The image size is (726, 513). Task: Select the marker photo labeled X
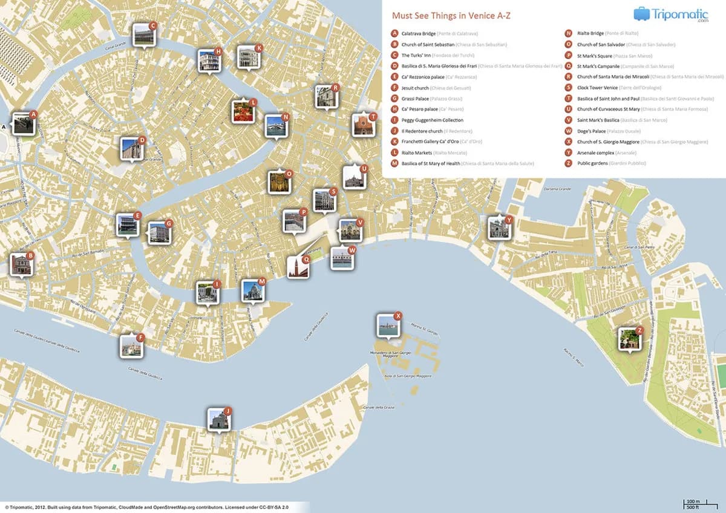coord(387,325)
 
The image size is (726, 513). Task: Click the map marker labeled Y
coord(499,229)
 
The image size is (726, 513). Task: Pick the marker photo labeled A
coord(23,123)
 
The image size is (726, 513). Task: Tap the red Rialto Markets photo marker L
coord(243,112)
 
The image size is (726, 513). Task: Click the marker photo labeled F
coord(131,346)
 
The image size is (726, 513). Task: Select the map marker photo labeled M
coord(252,291)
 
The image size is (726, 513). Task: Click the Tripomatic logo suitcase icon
coord(642,13)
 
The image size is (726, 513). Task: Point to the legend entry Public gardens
coord(594,163)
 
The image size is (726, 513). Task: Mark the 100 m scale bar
coord(693,502)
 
